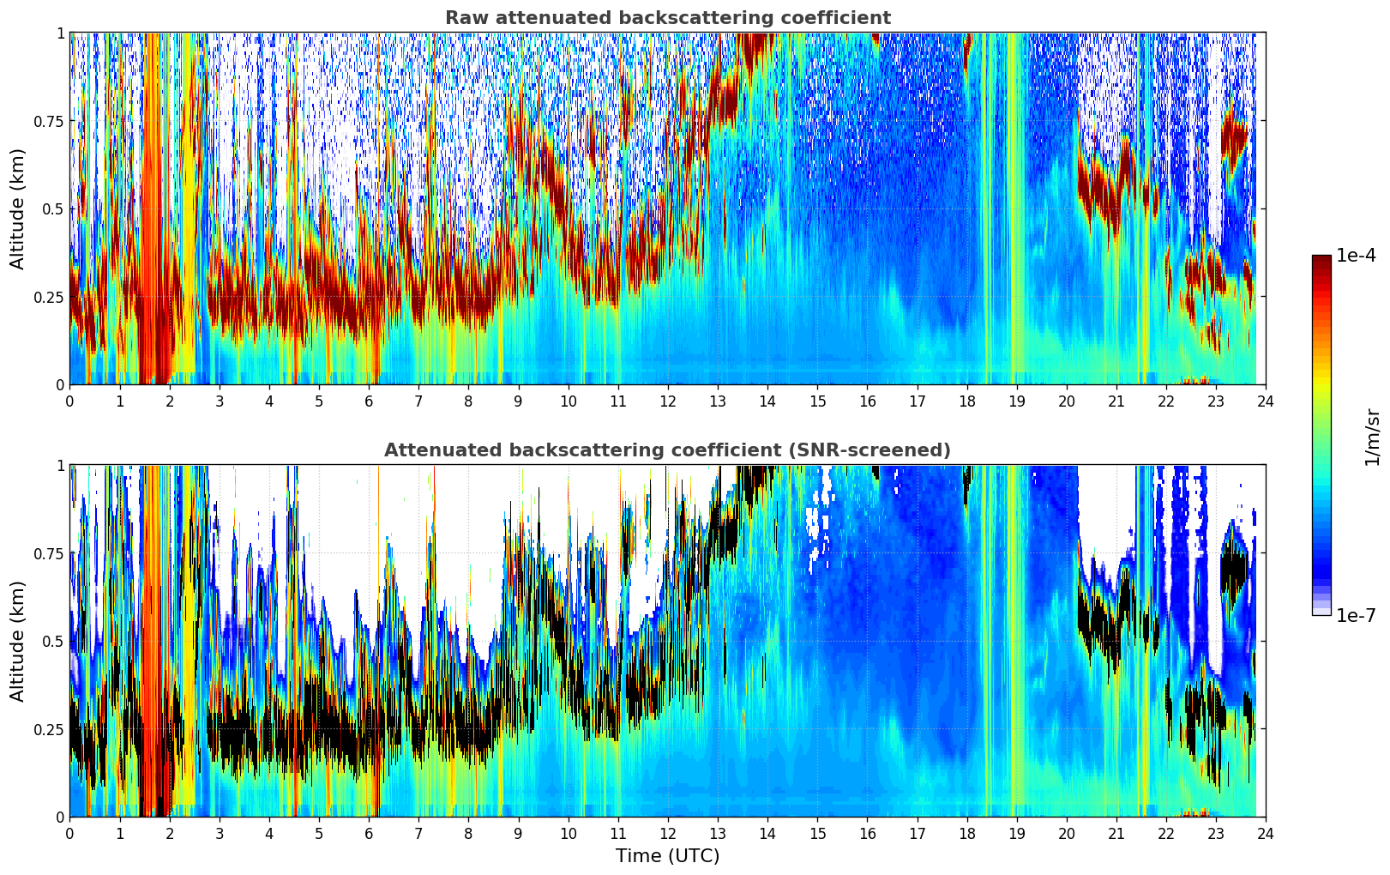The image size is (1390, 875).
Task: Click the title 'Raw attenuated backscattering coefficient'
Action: [667, 18]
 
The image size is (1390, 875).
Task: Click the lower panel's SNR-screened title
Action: [667, 450]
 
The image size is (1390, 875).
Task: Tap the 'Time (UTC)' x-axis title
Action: [667, 856]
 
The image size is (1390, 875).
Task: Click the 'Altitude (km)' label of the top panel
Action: [18, 208]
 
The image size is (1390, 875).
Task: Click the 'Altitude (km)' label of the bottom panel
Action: [18, 641]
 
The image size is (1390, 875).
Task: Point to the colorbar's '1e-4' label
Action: [1356, 256]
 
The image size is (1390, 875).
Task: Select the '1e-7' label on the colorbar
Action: [1356, 615]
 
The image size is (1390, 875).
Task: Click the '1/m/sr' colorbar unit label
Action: [1372, 436]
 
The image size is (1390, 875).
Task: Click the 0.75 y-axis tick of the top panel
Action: [49, 121]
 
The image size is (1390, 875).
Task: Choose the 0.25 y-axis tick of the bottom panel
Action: [49, 729]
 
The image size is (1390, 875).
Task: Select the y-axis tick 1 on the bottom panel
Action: [60, 466]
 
